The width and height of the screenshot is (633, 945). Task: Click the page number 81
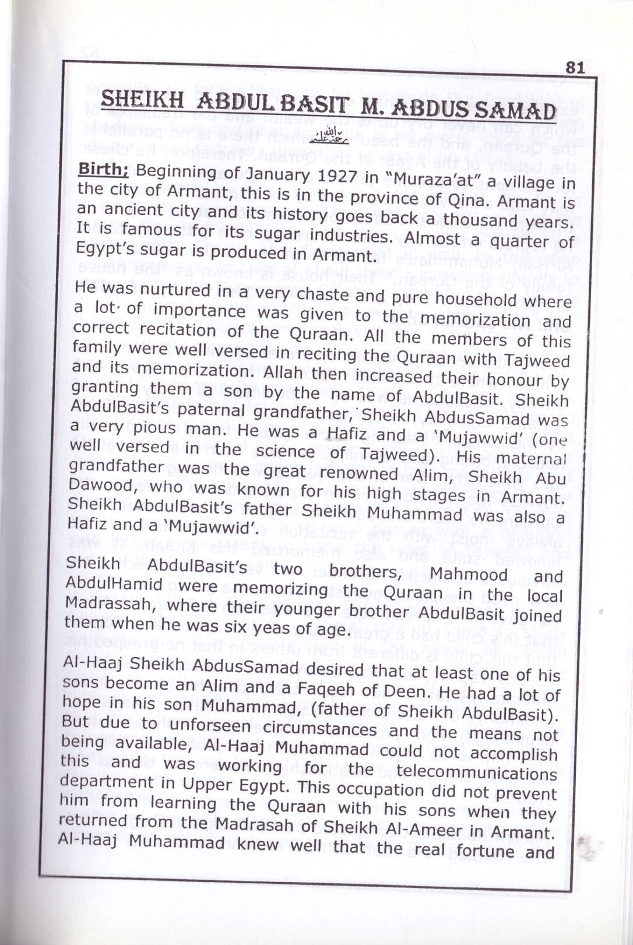[575, 67]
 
